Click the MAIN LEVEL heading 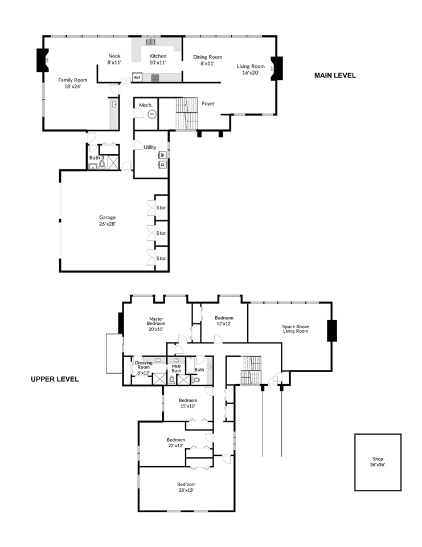[335, 75]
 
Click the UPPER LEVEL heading [55, 379]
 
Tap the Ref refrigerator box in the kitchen [137, 77]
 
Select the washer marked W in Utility [162, 154]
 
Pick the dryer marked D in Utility [162, 164]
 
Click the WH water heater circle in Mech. [151, 114]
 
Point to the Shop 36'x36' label [378, 462]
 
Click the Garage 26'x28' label [107, 221]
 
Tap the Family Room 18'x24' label [72, 83]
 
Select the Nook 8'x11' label [114, 59]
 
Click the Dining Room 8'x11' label [207, 60]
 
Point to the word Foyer [208, 103]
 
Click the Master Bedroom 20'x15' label [156, 324]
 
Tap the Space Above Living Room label [296, 329]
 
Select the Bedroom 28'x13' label [186, 487]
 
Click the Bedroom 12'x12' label [224, 321]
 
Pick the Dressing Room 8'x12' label [144, 368]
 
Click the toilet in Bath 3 [102, 165]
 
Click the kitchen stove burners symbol [155, 77]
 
